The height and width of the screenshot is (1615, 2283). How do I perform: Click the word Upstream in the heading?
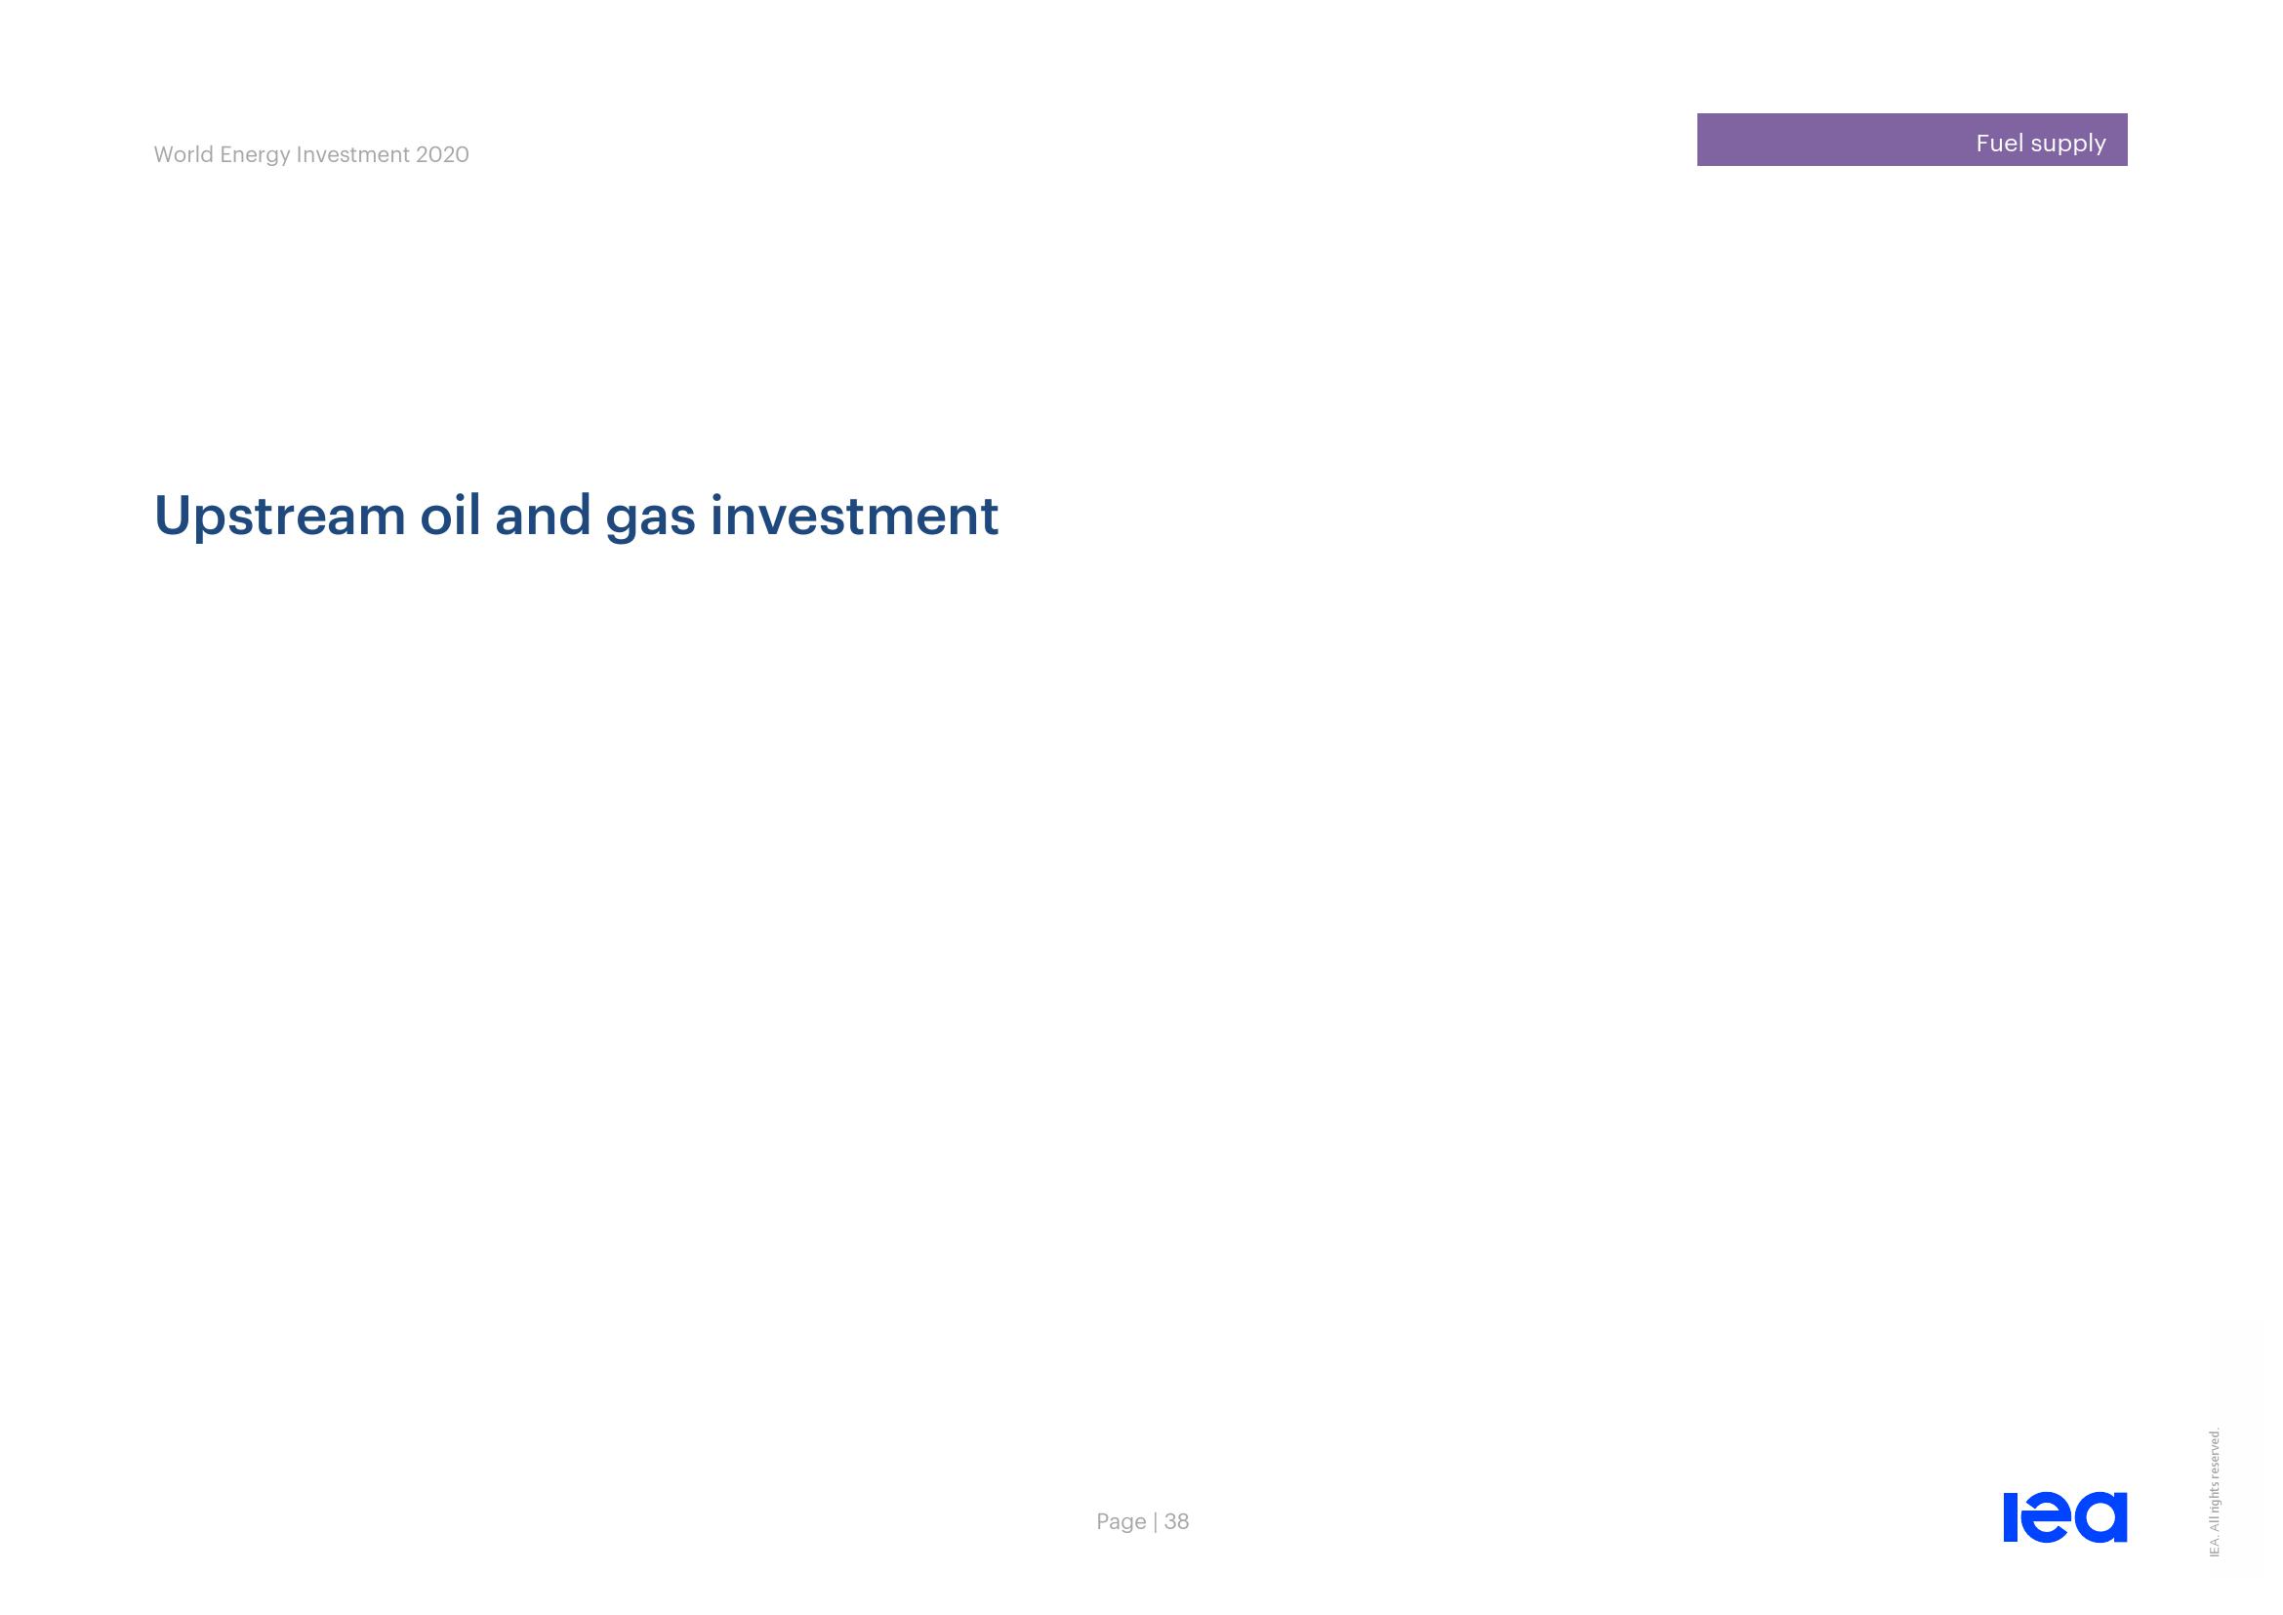(x=279, y=518)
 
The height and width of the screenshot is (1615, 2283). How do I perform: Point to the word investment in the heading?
(x=854, y=516)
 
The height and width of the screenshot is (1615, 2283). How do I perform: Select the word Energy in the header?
(x=256, y=156)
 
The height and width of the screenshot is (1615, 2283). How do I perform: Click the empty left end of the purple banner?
(x=1720, y=140)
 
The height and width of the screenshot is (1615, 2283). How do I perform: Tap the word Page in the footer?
(x=1121, y=1521)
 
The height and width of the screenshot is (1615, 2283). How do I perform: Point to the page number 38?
(x=1176, y=1521)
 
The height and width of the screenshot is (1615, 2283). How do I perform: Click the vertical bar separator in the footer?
(x=1156, y=1521)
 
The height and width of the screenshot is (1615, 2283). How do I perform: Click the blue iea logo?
(x=2065, y=1516)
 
